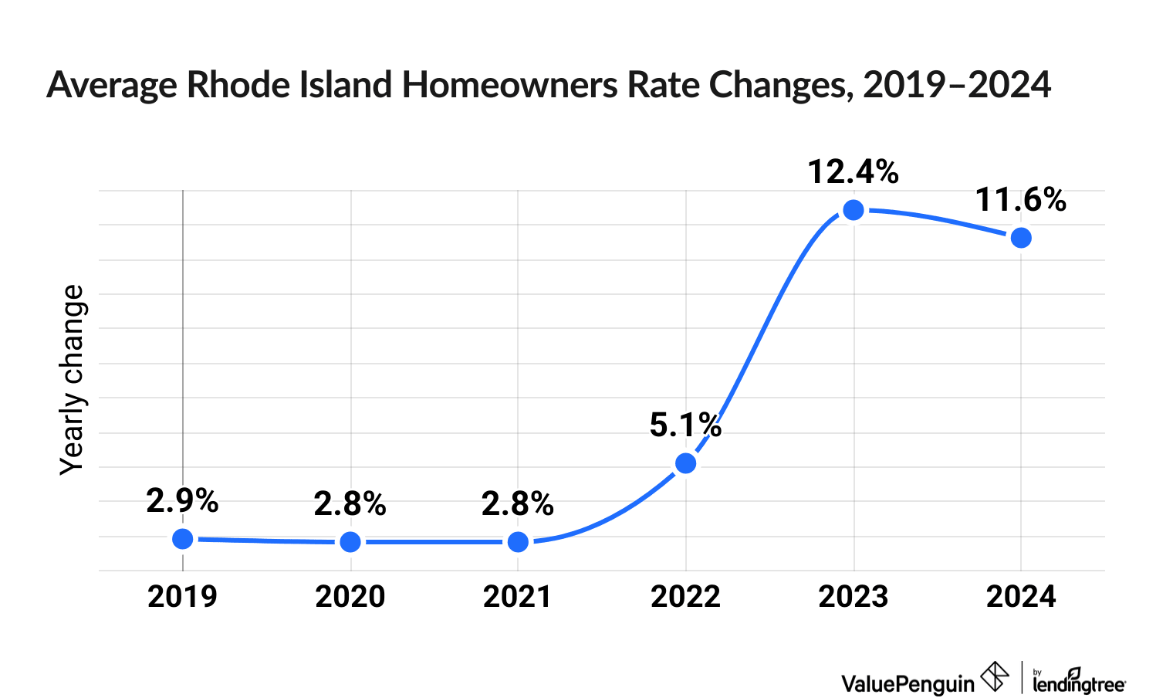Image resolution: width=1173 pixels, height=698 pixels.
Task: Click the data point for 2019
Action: [183, 539]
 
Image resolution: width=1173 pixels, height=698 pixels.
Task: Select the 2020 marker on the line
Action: [350, 542]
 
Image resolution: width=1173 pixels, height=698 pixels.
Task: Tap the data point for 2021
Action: [519, 542]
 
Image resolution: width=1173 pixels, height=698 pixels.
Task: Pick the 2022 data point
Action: [686, 463]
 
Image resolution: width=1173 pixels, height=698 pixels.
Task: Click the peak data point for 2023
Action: [854, 210]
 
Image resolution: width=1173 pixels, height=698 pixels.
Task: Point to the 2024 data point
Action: [1021, 238]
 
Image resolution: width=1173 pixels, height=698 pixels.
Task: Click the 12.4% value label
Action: [854, 172]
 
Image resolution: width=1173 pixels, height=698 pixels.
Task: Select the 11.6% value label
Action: [1021, 200]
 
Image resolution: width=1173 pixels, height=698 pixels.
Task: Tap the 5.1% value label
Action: [685, 425]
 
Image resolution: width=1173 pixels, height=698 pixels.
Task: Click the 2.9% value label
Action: [183, 501]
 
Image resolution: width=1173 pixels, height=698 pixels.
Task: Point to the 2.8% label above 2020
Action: [350, 504]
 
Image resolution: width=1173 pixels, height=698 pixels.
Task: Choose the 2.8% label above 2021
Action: [518, 504]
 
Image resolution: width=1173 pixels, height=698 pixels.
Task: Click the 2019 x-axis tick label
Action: [183, 597]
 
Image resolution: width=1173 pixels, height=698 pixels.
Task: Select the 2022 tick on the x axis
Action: [686, 597]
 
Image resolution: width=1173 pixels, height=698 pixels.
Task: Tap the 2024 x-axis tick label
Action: [1021, 597]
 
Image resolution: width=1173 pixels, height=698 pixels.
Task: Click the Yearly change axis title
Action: [73, 379]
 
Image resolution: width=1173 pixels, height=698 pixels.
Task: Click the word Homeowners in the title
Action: [510, 85]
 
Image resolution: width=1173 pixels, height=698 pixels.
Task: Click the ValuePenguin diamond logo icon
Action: [994, 677]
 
